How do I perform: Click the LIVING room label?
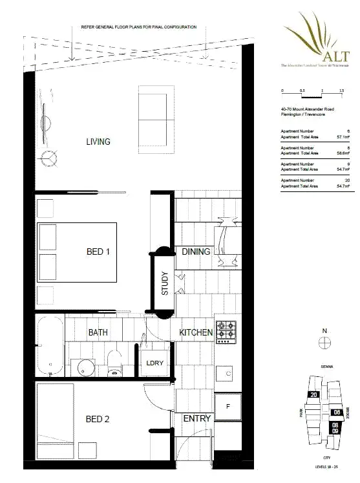click(98, 142)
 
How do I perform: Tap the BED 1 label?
click(98, 252)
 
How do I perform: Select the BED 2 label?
click(98, 419)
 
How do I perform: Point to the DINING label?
click(196, 252)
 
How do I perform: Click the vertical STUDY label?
click(165, 283)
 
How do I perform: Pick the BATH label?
click(98, 332)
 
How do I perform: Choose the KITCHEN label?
click(196, 332)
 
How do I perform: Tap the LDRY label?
click(155, 363)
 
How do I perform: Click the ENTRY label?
click(196, 419)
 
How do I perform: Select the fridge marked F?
click(228, 406)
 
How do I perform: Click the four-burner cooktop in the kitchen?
click(226, 332)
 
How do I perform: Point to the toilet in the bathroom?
click(115, 363)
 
